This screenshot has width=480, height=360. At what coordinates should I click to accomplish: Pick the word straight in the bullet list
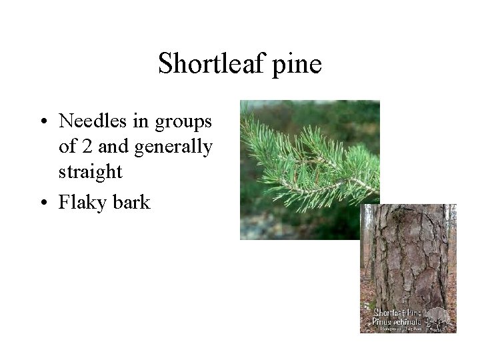click(90, 172)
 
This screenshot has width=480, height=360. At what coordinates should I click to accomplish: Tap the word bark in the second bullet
click(132, 201)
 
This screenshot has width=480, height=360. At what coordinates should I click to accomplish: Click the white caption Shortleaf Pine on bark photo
click(397, 312)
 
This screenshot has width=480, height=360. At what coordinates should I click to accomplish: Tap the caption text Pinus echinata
click(397, 321)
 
